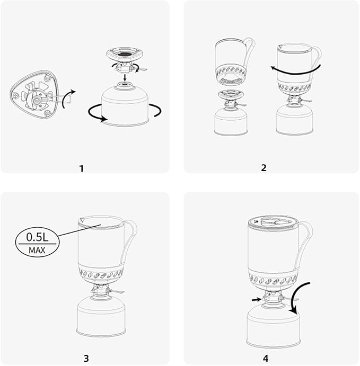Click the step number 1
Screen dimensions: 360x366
tap(81, 168)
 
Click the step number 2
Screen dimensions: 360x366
tap(264, 167)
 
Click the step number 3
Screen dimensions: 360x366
tap(86, 358)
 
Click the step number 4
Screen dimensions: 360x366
tap(266, 358)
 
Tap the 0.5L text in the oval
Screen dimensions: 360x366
tap(37, 237)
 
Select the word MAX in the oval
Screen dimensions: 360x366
tap(37, 250)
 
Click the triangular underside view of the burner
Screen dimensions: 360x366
tap(34, 94)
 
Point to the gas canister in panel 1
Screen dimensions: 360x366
tap(125, 105)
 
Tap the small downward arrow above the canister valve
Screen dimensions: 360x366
tap(125, 78)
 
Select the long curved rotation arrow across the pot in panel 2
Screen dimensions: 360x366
tap(296, 72)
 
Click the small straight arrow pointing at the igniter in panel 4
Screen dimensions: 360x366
tap(257, 299)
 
